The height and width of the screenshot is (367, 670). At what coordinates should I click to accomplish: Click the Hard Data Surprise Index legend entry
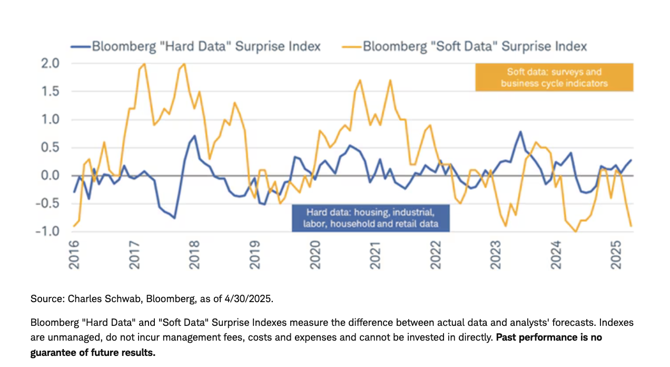point(206,46)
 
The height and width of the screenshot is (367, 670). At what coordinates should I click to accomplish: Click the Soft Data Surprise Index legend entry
point(475,46)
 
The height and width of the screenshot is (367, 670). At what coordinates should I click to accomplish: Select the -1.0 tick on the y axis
point(52,231)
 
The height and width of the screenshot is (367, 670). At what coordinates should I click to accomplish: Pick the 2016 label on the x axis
point(74,255)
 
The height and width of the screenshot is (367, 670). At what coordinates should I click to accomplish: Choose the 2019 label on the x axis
point(254,255)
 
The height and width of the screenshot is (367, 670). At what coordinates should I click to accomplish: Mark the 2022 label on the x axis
point(436,255)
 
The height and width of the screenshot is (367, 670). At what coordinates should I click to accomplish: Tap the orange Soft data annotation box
point(554,78)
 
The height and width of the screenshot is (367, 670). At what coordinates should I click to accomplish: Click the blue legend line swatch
point(81,46)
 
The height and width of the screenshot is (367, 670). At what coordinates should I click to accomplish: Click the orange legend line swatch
point(353,46)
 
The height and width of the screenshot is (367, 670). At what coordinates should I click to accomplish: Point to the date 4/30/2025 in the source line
point(250,299)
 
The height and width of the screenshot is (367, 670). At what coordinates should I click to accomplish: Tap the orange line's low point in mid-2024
point(576,231)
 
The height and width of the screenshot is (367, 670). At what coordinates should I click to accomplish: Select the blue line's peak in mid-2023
point(520,132)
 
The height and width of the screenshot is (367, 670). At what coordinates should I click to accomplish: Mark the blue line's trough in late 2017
point(174,218)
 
